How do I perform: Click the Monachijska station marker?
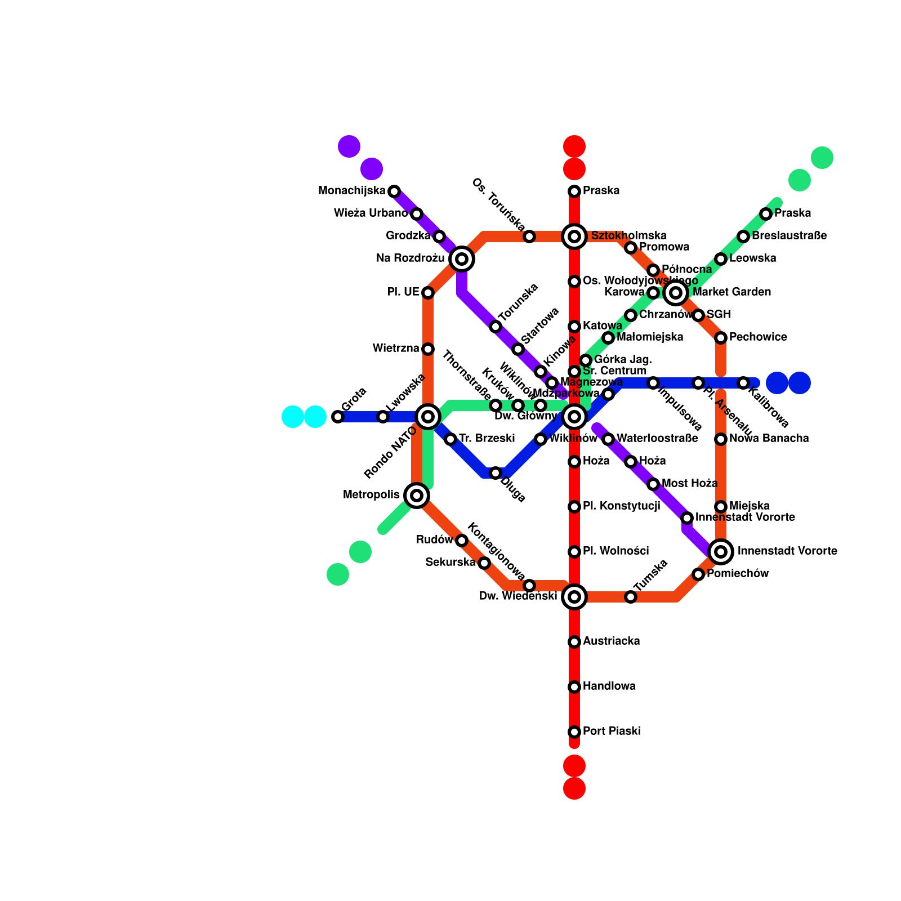[394, 191]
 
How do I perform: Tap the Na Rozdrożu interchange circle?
[462, 259]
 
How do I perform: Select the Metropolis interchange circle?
[417, 496]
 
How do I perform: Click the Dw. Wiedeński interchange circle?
[574, 597]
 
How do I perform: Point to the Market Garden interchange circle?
[676, 293]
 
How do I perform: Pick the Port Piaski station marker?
[574, 732]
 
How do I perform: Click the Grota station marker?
[338, 417]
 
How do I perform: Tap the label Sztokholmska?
[628, 235]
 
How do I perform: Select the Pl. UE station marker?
[428, 293]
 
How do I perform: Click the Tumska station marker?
[631, 597]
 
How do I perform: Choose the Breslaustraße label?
[789, 235]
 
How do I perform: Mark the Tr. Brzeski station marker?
[450, 439]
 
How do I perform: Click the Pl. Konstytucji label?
[621, 506]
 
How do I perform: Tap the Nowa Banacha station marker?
[721, 439]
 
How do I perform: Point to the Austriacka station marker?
[574, 642]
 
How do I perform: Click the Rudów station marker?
[462, 541]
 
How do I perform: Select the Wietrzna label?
[396, 349]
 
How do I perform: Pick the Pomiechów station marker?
[698, 574]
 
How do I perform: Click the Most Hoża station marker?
[653, 484]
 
